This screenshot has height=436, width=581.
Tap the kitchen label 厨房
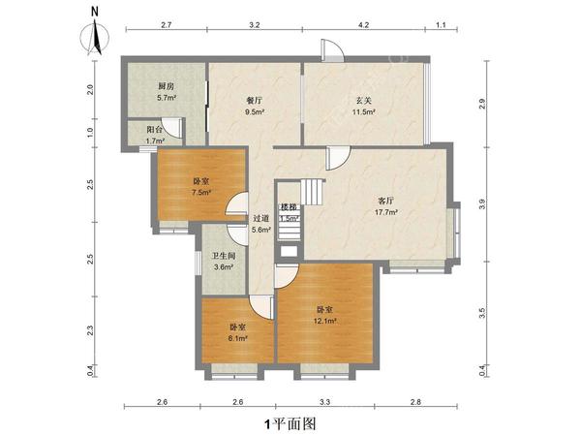pyautogui.click(x=166, y=87)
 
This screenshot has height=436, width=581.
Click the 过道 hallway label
pyautogui.click(x=260, y=218)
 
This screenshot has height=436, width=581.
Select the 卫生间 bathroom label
pyautogui.click(x=224, y=256)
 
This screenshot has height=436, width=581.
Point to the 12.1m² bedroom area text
pyautogui.click(x=325, y=321)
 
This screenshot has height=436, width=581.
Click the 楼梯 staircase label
pyautogui.click(x=289, y=207)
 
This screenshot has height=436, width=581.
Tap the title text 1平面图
pyautogui.click(x=290, y=423)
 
